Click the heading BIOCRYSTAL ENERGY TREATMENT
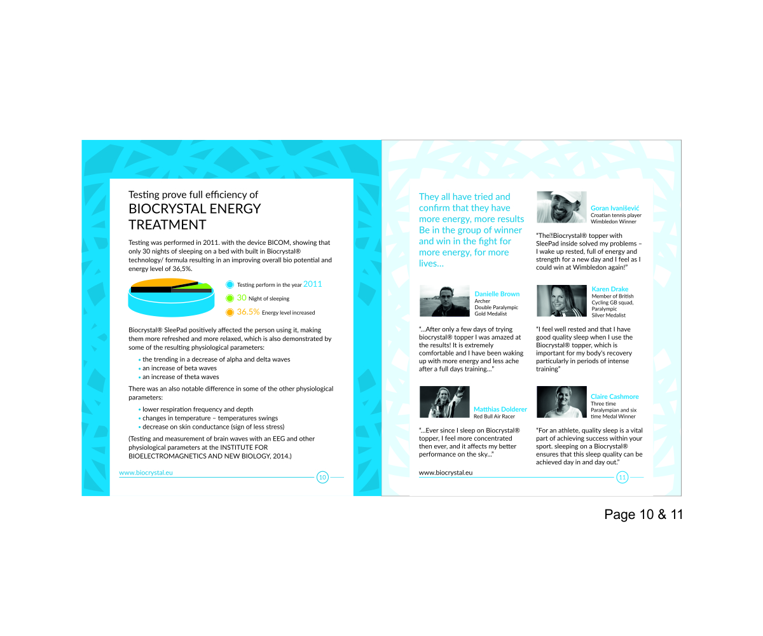[195, 216]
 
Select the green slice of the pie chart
[203, 286]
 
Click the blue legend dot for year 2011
[230, 285]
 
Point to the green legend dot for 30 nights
[230, 298]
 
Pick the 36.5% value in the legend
[248, 312]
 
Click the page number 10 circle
[322, 477]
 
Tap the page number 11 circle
[622, 477]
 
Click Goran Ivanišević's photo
[561, 207]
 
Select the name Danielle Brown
[497, 294]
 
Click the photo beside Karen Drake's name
[561, 301]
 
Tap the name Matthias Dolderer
[500, 409]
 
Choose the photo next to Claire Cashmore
[561, 402]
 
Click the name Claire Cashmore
[614, 396]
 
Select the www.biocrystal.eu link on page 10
[146, 473]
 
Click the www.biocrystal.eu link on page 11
[446, 473]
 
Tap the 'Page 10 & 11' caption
[643, 515]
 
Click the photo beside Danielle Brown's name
[444, 301]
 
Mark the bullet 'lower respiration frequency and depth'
[197, 410]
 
